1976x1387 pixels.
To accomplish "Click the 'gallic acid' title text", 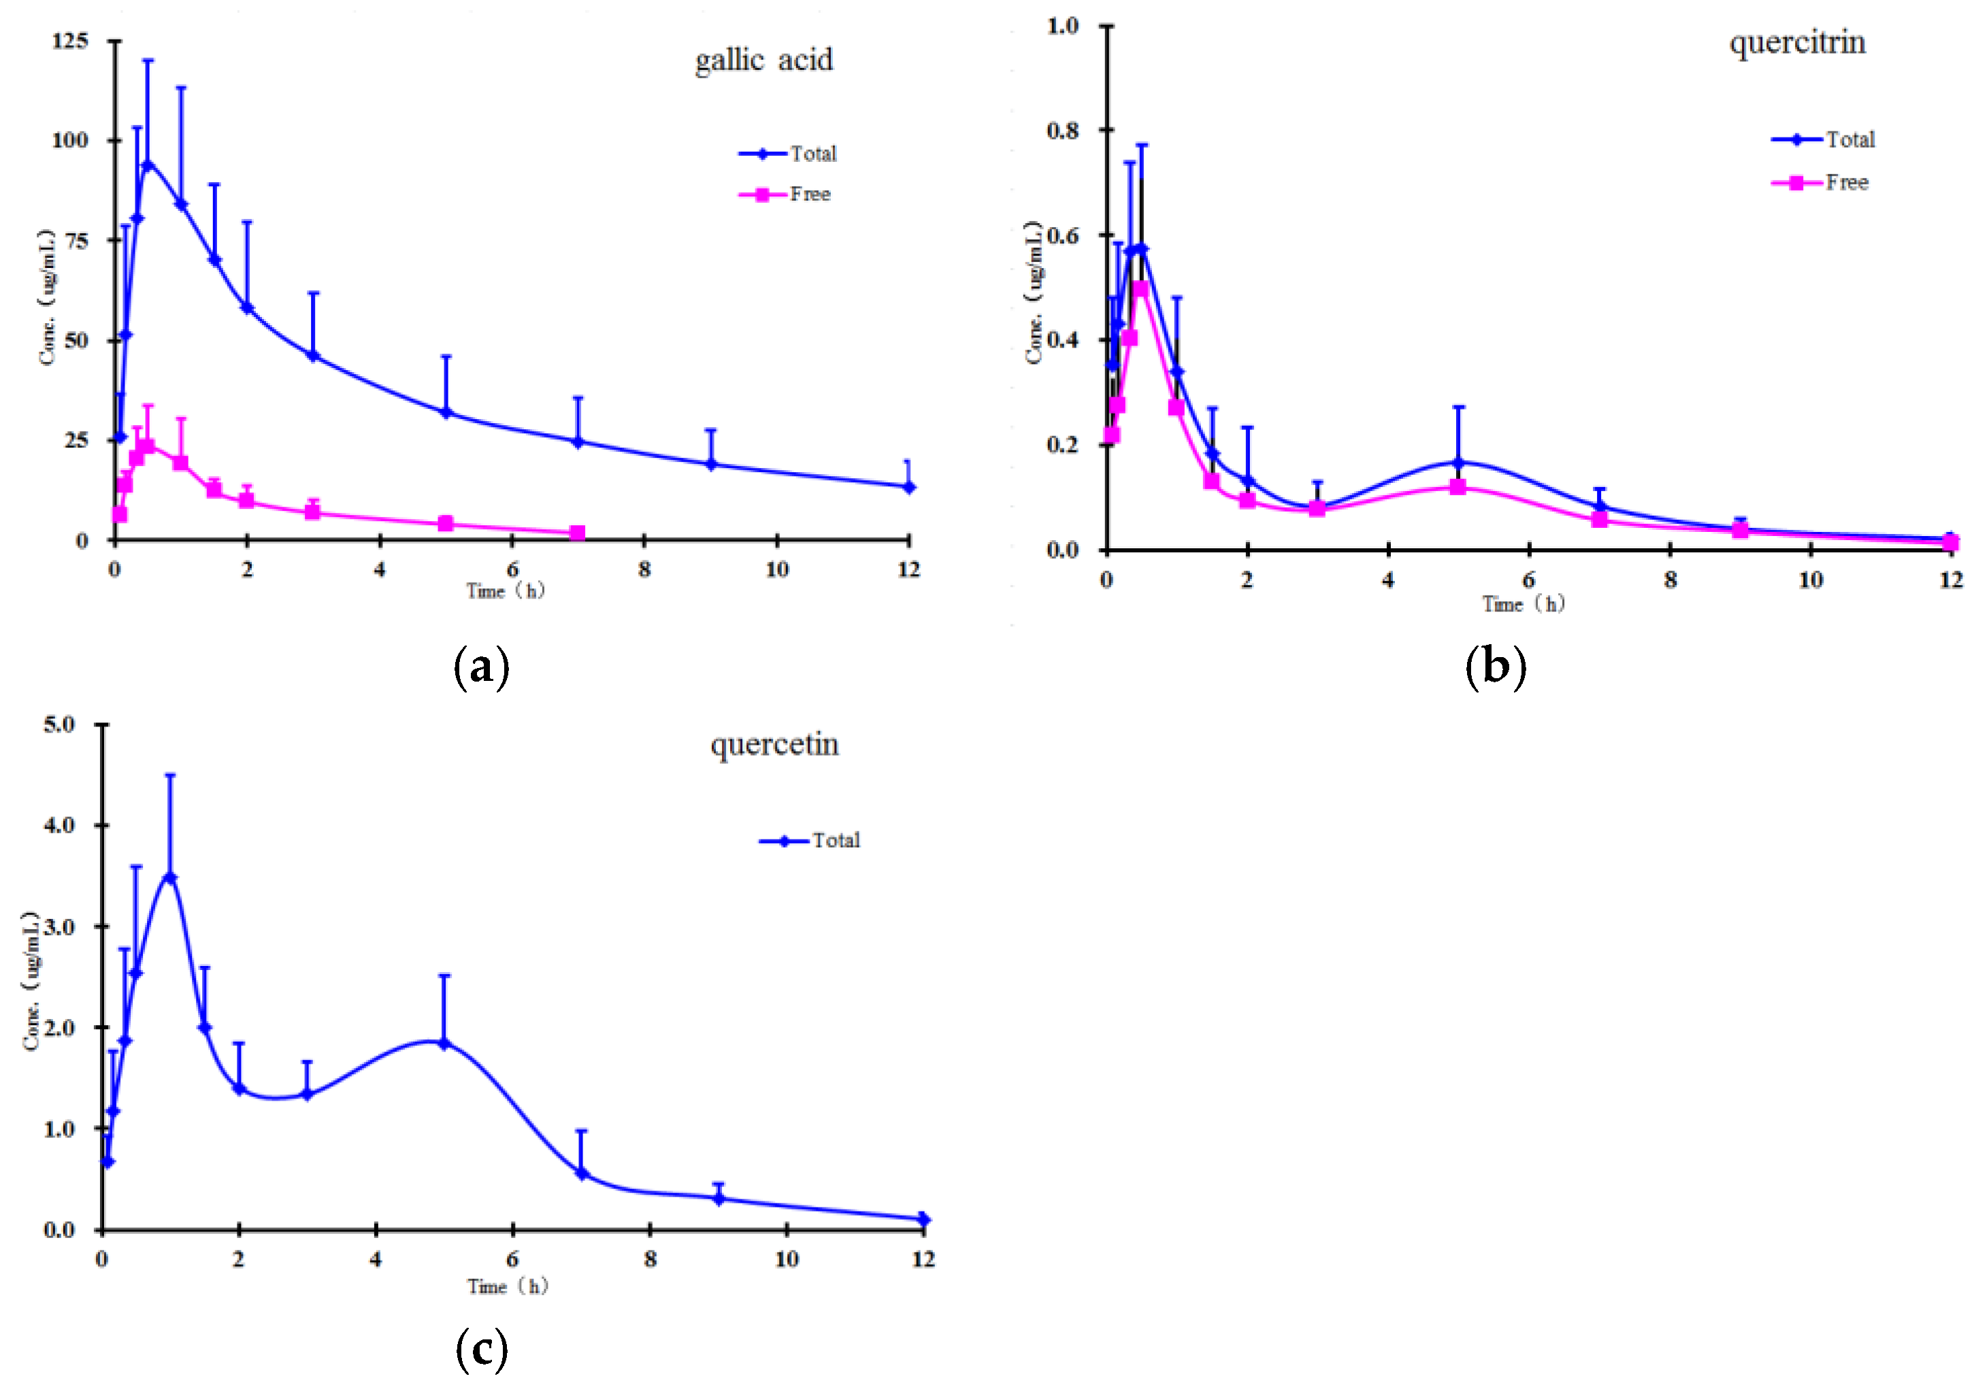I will click(x=763, y=61).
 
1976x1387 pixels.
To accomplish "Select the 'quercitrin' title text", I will click(x=1797, y=42).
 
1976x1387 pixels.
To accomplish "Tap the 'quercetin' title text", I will click(x=774, y=744).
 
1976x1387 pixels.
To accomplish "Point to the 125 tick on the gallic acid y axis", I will click(x=71, y=40).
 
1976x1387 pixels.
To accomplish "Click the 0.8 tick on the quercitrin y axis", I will click(x=1062, y=131).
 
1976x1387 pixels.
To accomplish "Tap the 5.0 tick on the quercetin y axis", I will click(x=59, y=724).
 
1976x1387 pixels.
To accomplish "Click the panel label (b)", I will click(x=1496, y=667).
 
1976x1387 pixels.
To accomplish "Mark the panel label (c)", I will click(x=481, y=1349).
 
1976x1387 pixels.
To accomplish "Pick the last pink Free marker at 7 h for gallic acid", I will click(x=578, y=533).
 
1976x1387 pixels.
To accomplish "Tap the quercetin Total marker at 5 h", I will click(x=444, y=1043).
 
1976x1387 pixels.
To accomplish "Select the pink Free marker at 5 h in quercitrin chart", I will click(x=1458, y=487).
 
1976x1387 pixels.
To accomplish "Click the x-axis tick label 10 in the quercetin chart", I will click(x=786, y=1260).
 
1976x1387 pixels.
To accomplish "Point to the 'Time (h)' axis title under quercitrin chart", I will click(x=1524, y=604).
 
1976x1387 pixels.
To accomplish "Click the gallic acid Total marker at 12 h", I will click(x=909, y=487).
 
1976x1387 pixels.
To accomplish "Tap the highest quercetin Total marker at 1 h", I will click(x=169, y=878).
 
